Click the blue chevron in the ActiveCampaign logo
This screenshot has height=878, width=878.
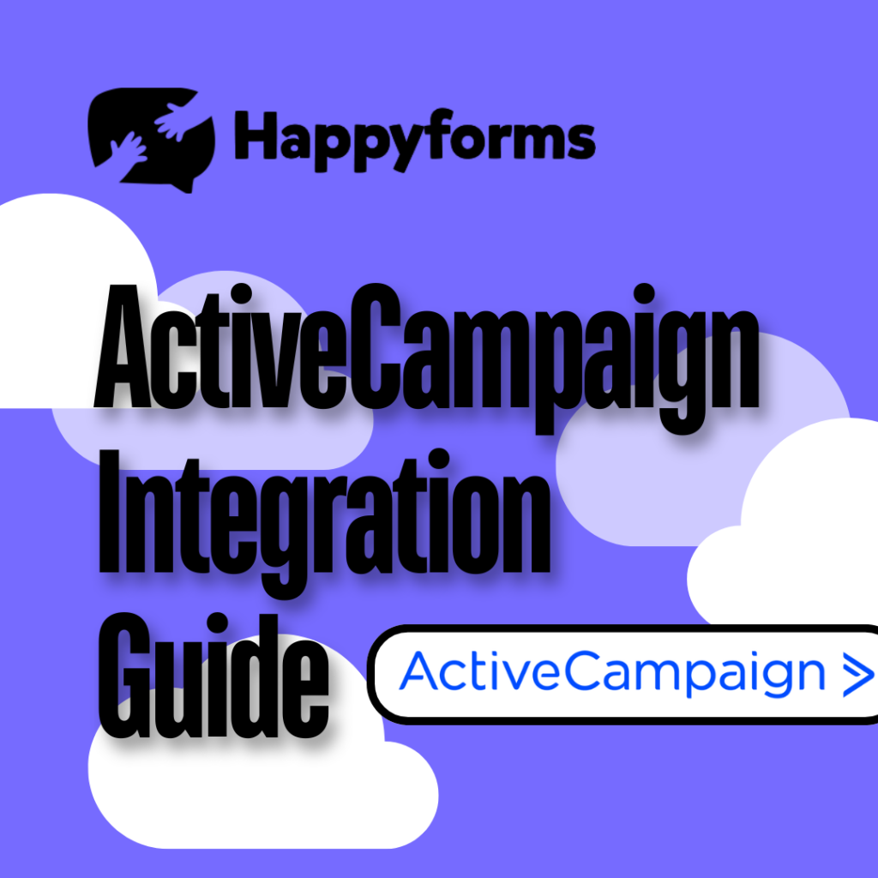pos(857,674)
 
